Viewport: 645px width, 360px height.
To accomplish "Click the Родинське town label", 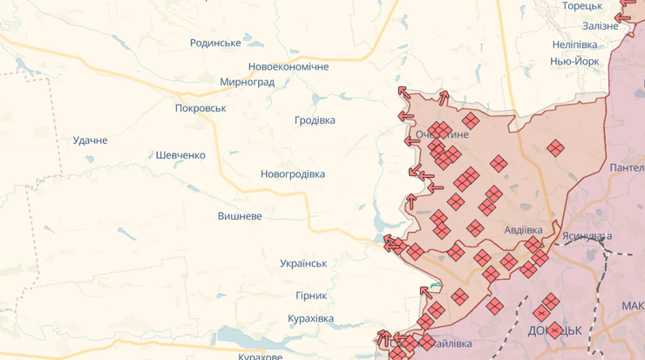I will [x=215, y=43].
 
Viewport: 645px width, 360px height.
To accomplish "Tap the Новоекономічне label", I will [x=289, y=67].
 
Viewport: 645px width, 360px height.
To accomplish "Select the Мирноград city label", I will [x=247, y=83].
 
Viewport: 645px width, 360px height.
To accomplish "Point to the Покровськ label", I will [x=200, y=108].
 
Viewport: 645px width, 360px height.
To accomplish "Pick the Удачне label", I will [x=90, y=140].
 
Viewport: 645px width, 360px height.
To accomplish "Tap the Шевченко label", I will [x=180, y=155].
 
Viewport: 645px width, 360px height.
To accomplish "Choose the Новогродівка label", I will [x=293, y=174].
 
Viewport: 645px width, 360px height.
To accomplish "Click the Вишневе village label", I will [x=240, y=215].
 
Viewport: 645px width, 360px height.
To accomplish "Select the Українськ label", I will [x=303, y=263].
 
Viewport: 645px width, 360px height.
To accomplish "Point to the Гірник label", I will [x=310, y=296].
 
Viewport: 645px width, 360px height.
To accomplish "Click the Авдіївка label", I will [x=523, y=230].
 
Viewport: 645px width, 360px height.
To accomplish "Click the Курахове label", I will [x=261, y=356].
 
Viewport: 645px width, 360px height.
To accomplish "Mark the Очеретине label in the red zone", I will [x=442, y=135].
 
